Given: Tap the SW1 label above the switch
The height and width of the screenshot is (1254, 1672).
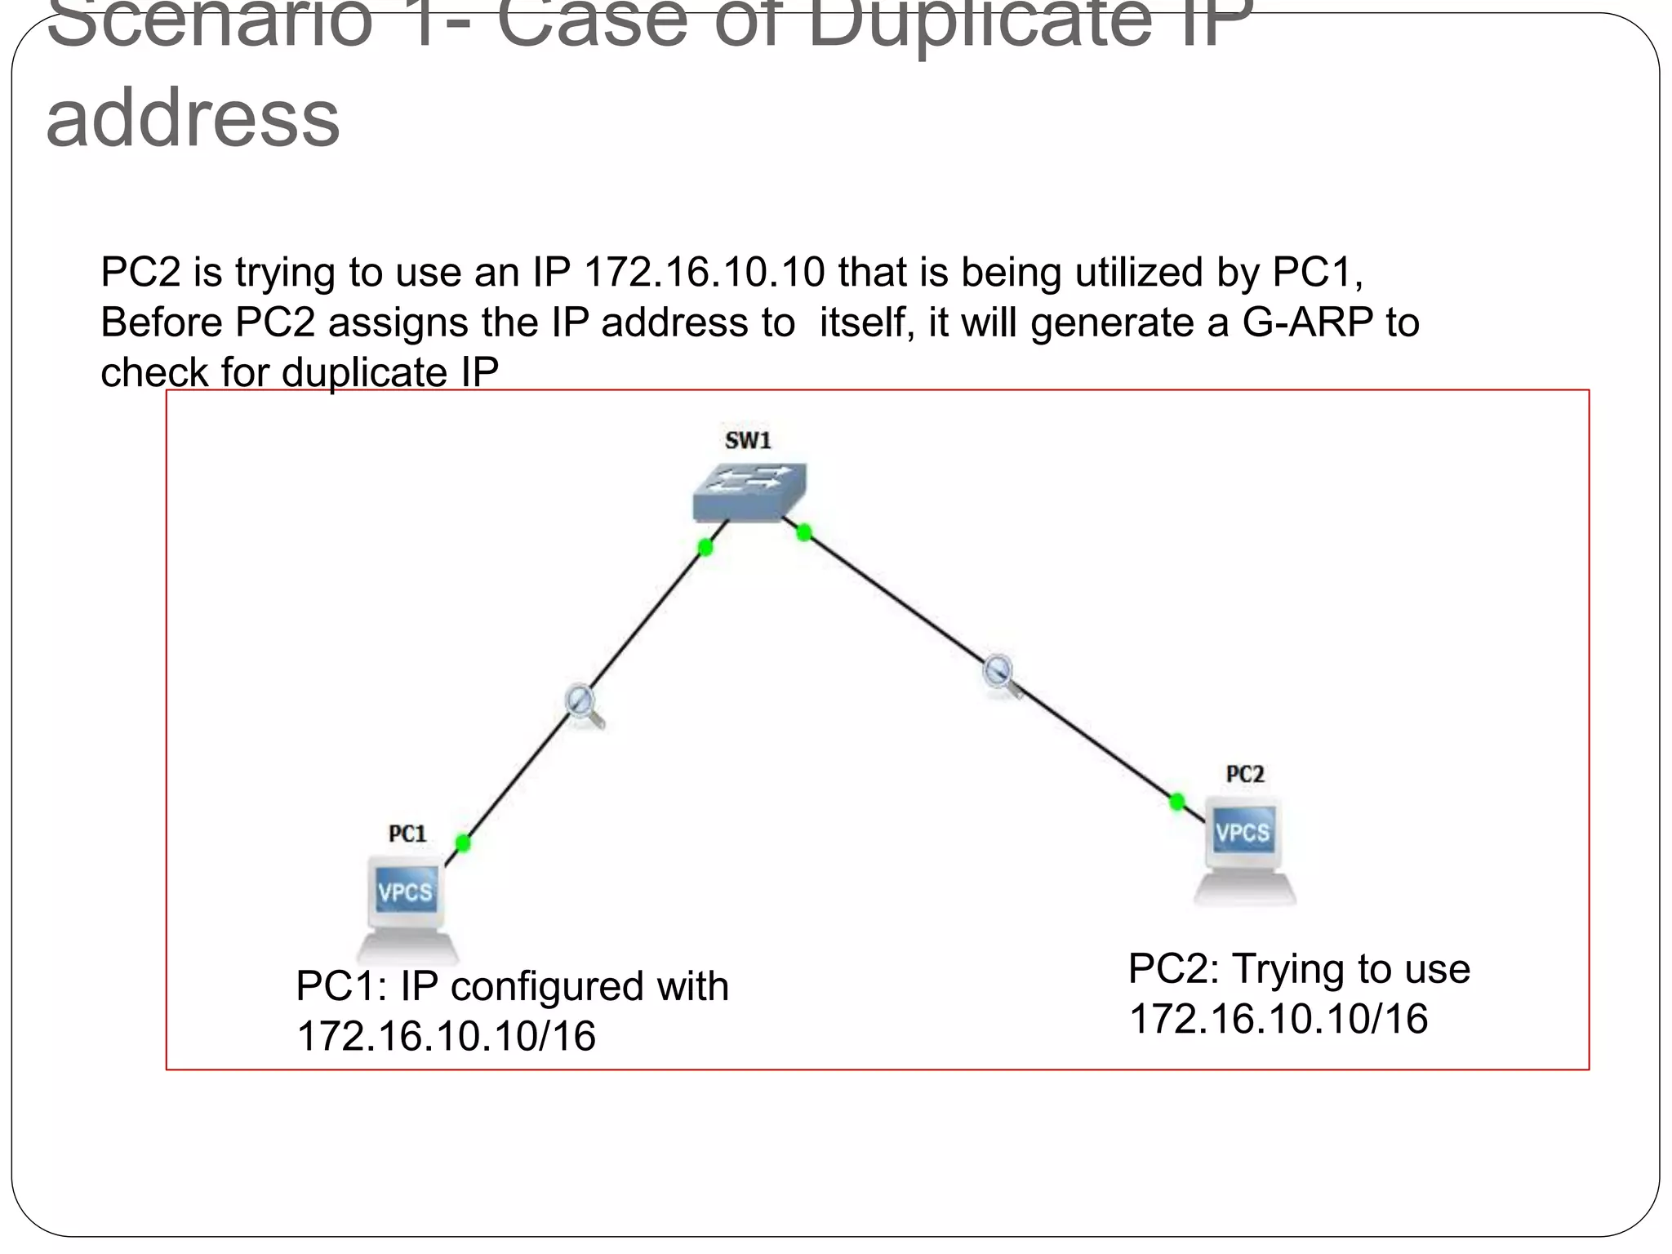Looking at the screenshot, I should (x=748, y=441).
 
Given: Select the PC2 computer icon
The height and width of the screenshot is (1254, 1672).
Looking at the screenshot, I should (x=1244, y=849).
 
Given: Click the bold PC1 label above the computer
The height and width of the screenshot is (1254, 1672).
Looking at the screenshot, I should (x=407, y=834).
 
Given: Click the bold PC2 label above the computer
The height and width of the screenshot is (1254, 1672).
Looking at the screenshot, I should (x=1245, y=774).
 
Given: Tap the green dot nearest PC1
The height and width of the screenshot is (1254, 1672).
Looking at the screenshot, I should (x=463, y=843).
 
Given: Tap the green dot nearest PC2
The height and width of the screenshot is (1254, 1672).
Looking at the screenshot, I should (x=1176, y=802).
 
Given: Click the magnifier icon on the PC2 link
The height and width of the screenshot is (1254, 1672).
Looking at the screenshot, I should (x=1001, y=674).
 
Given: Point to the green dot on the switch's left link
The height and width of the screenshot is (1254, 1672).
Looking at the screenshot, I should (x=705, y=547).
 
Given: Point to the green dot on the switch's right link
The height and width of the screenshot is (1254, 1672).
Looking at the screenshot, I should (x=804, y=533).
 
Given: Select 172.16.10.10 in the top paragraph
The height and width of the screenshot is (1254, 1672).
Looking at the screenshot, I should (x=705, y=272).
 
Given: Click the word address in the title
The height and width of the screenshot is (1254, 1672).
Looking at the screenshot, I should (x=193, y=118).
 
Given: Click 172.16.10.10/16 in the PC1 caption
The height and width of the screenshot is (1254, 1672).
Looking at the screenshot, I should (x=446, y=1036).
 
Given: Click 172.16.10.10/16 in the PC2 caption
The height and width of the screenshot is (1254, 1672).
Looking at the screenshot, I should (x=1278, y=1019).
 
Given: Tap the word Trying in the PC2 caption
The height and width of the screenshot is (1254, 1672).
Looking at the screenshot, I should (x=1288, y=970).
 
